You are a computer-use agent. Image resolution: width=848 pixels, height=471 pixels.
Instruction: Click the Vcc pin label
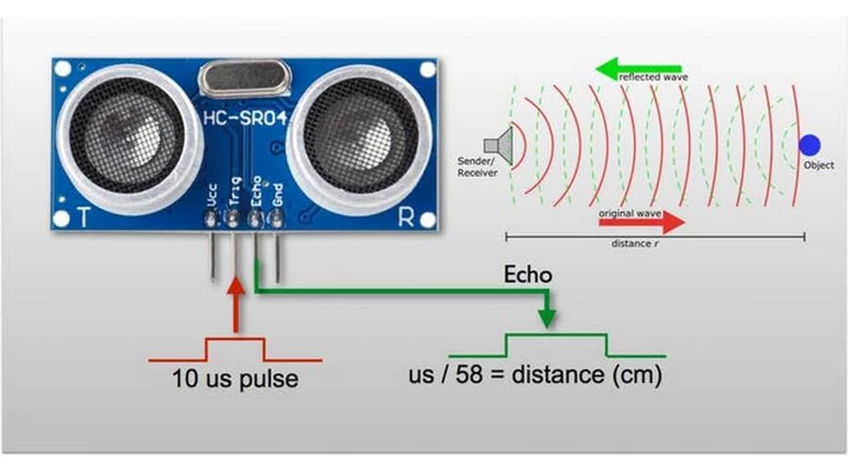[x=212, y=195]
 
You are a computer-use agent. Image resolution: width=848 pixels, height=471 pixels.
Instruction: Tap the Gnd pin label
[x=278, y=196]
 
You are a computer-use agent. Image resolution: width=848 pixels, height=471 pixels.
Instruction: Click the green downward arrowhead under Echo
[x=547, y=318]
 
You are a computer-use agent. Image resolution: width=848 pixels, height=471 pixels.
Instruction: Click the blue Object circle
[x=809, y=145]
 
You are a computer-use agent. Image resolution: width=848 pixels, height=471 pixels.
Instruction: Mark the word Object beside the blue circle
[x=819, y=166]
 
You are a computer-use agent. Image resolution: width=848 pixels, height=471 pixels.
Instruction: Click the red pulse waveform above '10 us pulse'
[x=236, y=349]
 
